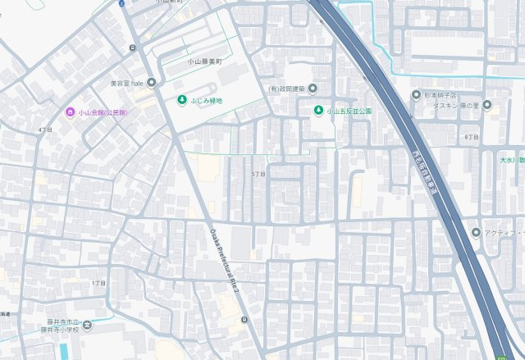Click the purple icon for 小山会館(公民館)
pos(71,112)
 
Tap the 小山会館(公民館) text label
pos(103,112)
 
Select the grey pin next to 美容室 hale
pos(151,83)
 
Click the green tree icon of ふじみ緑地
pos(181,101)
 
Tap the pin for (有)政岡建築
pos(313,89)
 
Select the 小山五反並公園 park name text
pos(349,111)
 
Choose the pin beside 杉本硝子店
pos(416,94)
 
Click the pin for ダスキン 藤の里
pos(486,105)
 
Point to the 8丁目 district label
pos(471,137)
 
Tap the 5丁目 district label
pos(258,175)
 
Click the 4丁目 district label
pos(44,130)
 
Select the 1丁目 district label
pos(98,282)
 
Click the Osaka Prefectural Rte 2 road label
pos(229,266)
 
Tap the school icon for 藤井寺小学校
pos(88,326)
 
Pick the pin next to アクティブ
pos(476,232)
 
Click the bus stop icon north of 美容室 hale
pos(132,49)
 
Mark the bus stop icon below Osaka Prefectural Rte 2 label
pos(244,319)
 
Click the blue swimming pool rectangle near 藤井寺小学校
pos(64,351)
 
